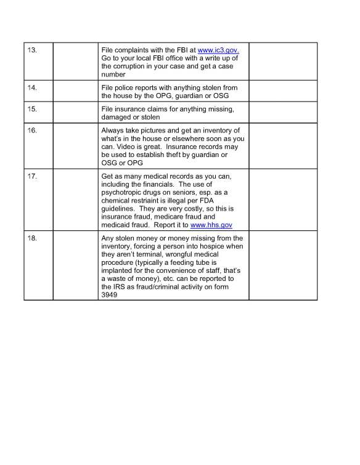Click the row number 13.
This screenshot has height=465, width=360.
pyautogui.click(x=33, y=49)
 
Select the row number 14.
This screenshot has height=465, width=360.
pyautogui.click(x=33, y=88)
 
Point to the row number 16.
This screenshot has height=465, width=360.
pyautogui.click(x=33, y=130)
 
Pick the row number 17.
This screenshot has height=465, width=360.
pyautogui.click(x=33, y=176)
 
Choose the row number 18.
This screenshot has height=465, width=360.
pyautogui.click(x=33, y=238)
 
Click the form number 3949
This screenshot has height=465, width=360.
pyautogui.click(x=109, y=295)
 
